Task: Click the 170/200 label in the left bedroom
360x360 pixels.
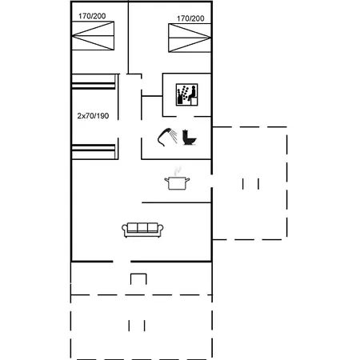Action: pos(92,16)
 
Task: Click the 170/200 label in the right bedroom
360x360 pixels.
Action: pos(190,18)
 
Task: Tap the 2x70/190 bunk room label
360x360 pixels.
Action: pos(93,116)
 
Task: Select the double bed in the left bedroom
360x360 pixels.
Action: pos(93,36)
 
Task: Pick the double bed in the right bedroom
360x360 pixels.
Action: pos(190,38)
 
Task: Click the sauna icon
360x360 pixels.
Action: pos(186,94)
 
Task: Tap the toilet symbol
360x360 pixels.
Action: pos(190,138)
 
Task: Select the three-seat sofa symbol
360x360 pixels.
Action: pos(142,230)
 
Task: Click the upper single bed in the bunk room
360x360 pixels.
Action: pos(94,82)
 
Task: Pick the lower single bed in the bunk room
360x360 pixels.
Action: pos(94,152)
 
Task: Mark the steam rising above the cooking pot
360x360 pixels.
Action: pos(178,171)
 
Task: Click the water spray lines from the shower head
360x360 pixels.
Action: pos(174,136)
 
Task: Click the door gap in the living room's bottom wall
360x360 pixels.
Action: pos(122,262)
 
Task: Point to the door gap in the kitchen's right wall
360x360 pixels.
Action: pos(212,181)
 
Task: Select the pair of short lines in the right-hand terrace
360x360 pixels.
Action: pos(250,184)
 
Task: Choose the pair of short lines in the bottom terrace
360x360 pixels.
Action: pos(137,326)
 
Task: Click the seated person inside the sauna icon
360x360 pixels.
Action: pos(192,94)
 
